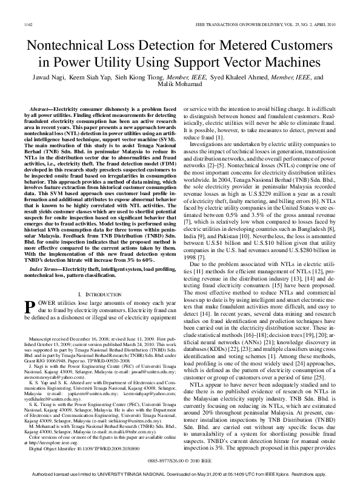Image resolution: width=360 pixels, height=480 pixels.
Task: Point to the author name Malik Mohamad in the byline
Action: coord(179,86)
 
